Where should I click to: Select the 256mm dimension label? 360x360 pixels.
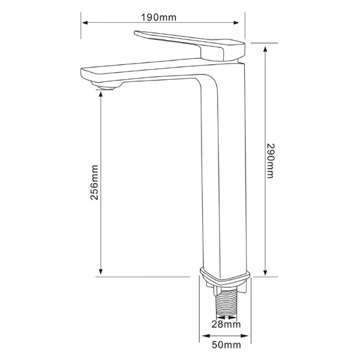tap(94, 183)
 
